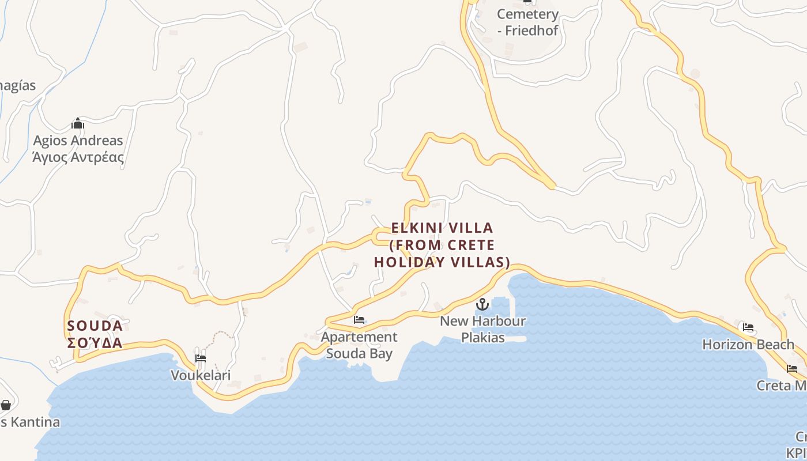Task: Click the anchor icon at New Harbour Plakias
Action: [482, 304]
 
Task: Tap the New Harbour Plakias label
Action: [483, 329]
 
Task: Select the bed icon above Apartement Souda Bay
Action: [359, 320]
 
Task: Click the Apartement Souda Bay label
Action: [359, 345]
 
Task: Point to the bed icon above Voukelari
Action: [200, 358]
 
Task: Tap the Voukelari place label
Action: [201, 376]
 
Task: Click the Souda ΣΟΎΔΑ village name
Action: [95, 334]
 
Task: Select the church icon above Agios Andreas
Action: [78, 124]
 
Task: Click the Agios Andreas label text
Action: [78, 141]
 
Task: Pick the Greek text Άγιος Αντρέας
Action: [78, 157]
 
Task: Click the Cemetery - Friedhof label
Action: [527, 22]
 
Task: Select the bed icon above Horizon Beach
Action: [748, 328]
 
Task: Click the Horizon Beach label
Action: [748, 345]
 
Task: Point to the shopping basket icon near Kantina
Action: [6, 405]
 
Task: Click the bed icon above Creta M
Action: [792, 369]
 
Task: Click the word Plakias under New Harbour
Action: [483, 338]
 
